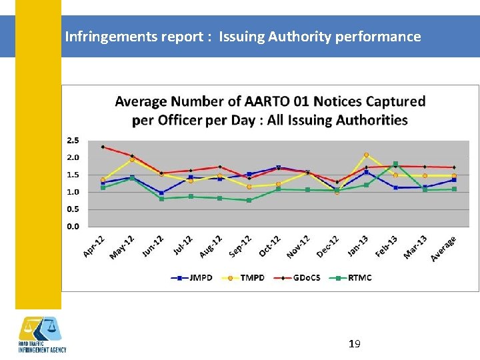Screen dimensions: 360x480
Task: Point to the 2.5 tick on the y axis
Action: point(72,141)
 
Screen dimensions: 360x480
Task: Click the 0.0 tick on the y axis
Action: point(72,226)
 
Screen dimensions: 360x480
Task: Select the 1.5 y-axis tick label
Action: point(72,175)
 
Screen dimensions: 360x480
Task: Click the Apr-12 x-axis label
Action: point(94,245)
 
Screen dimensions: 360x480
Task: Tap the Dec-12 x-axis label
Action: point(329,246)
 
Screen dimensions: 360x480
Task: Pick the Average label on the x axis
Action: point(444,248)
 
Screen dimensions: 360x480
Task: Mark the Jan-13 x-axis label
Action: point(358,245)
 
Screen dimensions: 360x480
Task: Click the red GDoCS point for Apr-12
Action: point(103,147)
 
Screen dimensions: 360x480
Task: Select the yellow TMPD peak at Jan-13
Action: point(366,155)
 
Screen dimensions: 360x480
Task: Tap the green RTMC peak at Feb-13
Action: point(395,164)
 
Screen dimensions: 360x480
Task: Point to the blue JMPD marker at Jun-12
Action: point(161,193)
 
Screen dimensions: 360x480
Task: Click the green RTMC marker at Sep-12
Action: point(249,200)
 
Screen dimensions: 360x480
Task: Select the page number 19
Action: point(355,344)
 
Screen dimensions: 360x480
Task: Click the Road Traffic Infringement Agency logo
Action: point(42,335)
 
